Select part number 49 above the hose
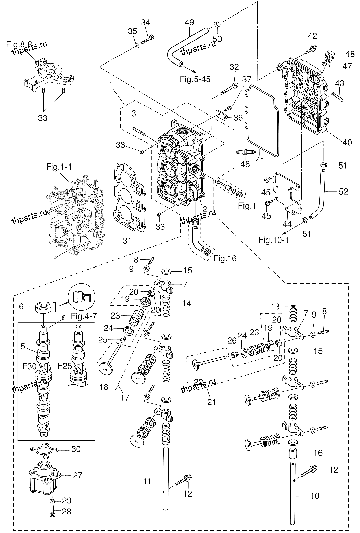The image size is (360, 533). click(189, 23)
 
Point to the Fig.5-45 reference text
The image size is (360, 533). click(195, 79)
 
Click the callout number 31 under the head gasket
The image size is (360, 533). click(127, 241)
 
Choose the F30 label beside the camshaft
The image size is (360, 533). click(29, 366)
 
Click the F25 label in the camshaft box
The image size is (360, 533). click(65, 365)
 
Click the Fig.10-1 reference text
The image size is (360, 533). click(274, 240)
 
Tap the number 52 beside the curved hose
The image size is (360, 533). click(343, 192)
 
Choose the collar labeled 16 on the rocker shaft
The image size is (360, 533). click(293, 453)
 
